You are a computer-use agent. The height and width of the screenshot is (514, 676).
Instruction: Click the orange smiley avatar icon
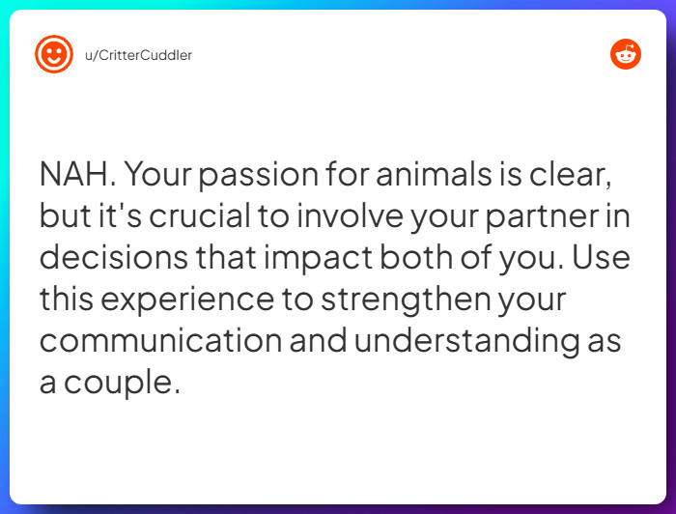click(x=54, y=55)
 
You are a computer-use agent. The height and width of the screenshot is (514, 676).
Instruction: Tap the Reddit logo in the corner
click(x=626, y=55)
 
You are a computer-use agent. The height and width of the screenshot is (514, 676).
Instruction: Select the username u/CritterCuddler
click(x=138, y=55)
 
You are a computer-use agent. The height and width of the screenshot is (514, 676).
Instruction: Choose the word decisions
click(x=109, y=258)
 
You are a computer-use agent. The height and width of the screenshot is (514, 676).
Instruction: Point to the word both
click(x=440, y=258)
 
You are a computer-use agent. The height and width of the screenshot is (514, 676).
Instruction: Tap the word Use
click(x=606, y=258)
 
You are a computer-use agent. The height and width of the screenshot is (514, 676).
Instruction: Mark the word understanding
click(x=472, y=341)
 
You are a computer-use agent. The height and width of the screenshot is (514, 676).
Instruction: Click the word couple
click(x=123, y=383)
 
